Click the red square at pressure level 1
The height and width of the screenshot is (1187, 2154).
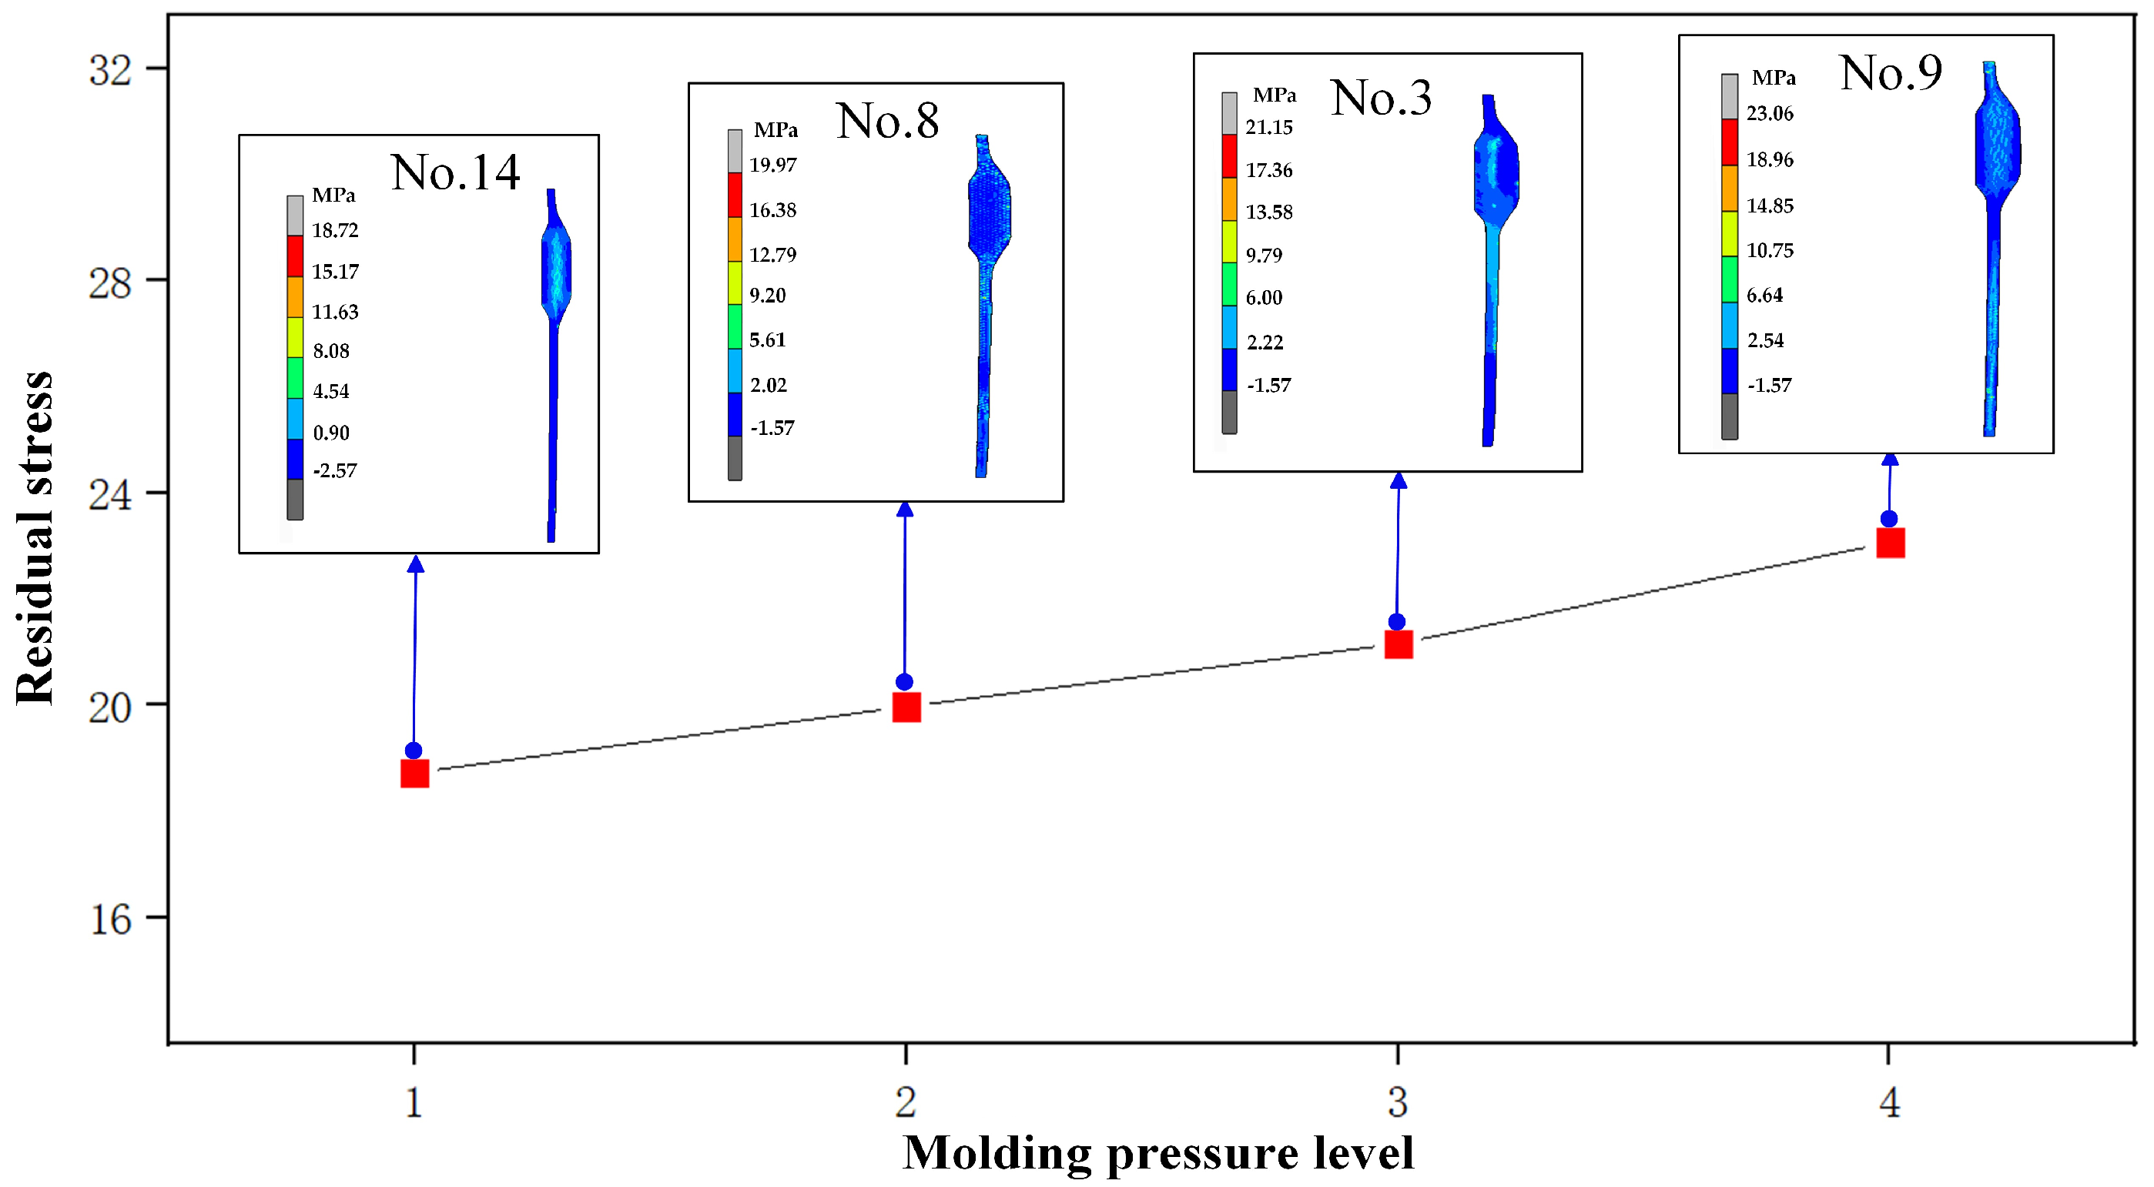click(x=415, y=773)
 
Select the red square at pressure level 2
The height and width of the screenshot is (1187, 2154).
click(x=906, y=707)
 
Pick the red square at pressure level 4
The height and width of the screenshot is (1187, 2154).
click(x=1891, y=543)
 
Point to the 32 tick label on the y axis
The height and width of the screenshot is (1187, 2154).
click(x=110, y=70)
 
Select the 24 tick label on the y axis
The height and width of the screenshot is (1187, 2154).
click(x=110, y=496)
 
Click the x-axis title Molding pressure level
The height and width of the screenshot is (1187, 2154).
click(x=1158, y=1154)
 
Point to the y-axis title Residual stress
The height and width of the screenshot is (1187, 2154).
click(x=35, y=537)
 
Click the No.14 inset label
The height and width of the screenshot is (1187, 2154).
click(x=455, y=172)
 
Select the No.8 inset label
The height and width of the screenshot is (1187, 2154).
click(x=887, y=120)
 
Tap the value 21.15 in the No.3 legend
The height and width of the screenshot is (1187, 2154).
click(x=1268, y=127)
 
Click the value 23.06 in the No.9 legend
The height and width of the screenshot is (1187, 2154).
click(x=1770, y=113)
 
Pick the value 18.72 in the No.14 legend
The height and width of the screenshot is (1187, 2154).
click(x=334, y=230)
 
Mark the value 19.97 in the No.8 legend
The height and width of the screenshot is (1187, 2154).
click(x=772, y=165)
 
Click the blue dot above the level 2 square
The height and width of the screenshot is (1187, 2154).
click(x=904, y=682)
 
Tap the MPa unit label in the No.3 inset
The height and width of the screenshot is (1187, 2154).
click(x=1275, y=95)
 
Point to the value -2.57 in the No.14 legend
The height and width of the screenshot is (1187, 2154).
click(x=334, y=470)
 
